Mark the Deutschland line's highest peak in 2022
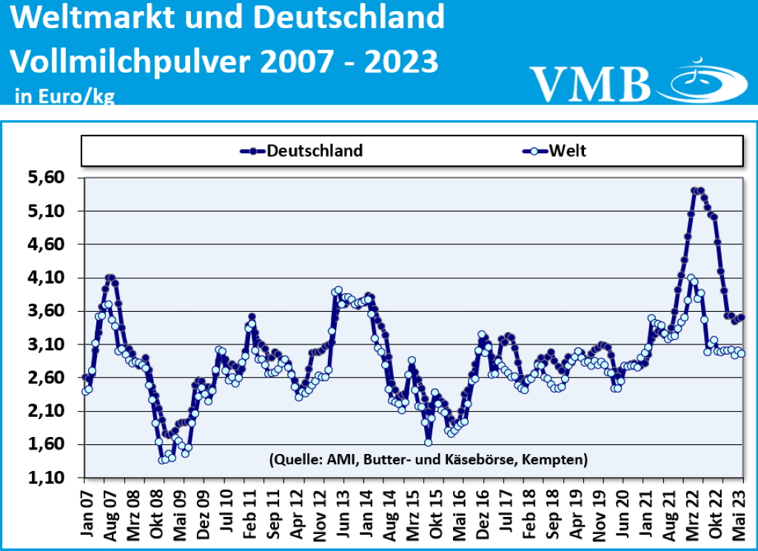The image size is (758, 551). coord(697,190)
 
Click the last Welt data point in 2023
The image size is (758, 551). coord(741,354)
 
